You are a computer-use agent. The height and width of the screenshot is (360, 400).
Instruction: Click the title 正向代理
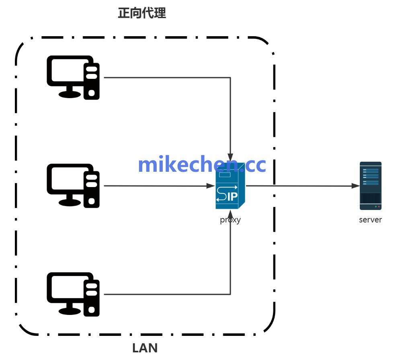tap(142, 13)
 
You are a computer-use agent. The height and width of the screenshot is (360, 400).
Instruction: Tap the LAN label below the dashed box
tap(145, 348)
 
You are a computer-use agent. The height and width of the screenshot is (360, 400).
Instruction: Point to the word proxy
tap(230, 220)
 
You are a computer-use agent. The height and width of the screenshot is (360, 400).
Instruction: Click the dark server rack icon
tap(370, 186)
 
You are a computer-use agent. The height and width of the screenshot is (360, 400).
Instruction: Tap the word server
tap(370, 220)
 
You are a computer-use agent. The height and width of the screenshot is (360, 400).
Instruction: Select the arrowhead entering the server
tap(356, 186)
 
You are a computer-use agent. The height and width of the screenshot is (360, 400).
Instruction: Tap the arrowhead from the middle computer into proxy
tap(210, 186)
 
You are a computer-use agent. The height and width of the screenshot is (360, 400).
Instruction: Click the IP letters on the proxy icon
tap(232, 197)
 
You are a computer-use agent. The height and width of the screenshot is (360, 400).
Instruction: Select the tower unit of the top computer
tap(92, 80)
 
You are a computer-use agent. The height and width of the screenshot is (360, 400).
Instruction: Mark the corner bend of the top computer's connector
tap(230, 78)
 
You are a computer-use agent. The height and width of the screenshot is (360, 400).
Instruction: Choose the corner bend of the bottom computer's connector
tap(230, 294)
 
